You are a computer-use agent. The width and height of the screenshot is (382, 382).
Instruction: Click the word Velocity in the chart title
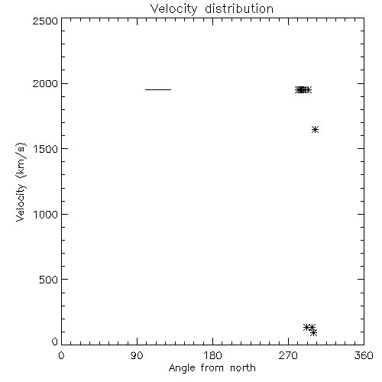click(x=173, y=9)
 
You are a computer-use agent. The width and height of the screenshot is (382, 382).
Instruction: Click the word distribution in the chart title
click(x=239, y=8)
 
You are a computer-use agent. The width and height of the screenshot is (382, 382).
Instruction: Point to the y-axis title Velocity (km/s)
click(x=21, y=182)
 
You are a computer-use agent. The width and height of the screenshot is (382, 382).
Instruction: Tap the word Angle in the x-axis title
click(x=182, y=368)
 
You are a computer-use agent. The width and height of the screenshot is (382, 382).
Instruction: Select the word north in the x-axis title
click(x=243, y=367)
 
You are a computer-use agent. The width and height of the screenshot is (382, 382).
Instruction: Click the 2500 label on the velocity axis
click(x=45, y=21)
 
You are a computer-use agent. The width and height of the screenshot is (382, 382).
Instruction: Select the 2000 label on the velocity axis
click(x=45, y=83)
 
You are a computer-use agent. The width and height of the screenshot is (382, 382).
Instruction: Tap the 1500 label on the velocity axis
click(x=46, y=149)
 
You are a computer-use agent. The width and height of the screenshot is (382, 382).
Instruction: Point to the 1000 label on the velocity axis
click(x=46, y=215)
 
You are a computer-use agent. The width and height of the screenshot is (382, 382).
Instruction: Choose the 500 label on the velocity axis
click(x=49, y=280)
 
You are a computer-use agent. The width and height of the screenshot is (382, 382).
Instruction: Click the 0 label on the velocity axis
click(x=55, y=342)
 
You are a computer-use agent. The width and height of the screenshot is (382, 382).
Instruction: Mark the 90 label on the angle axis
click(x=137, y=355)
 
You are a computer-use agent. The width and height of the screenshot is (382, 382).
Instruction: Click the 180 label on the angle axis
click(x=212, y=355)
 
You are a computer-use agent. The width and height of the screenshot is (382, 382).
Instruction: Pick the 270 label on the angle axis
click(x=288, y=355)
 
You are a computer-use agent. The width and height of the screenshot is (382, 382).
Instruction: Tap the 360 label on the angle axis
click(x=364, y=355)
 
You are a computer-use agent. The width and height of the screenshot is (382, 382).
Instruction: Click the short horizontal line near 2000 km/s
click(x=158, y=89)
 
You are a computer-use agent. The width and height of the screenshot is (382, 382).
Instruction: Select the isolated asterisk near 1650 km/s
click(x=315, y=129)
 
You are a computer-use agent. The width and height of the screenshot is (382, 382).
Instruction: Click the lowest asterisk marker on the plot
click(x=314, y=332)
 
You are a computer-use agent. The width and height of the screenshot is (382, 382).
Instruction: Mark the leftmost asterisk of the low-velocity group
click(x=307, y=327)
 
